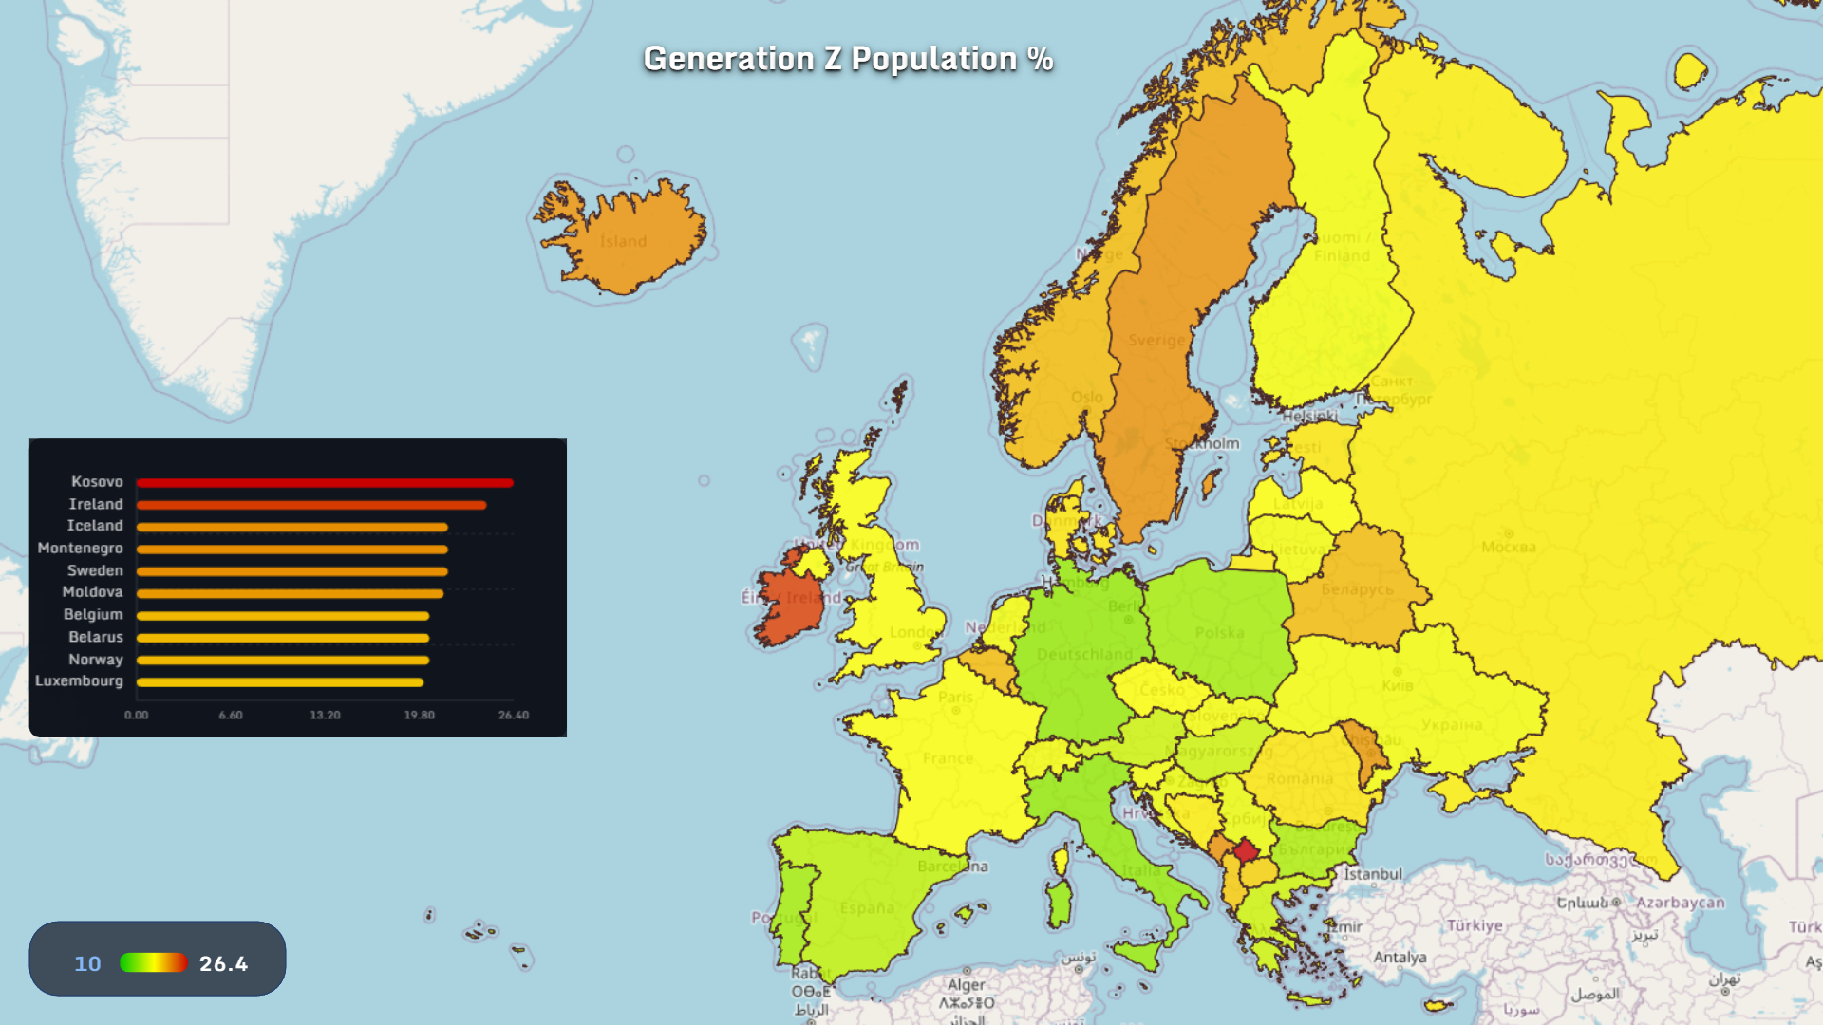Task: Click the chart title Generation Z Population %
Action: [848, 59]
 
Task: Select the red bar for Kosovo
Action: [324, 483]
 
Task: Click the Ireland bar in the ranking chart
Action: [310, 505]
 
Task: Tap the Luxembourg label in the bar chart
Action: [79, 681]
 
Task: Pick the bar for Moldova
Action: [290, 594]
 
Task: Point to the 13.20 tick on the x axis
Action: [325, 715]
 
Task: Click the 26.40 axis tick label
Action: [513, 715]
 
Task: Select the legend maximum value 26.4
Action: [223, 963]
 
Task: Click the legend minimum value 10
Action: [87, 963]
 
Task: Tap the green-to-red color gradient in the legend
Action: [153, 962]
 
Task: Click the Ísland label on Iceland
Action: [623, 241]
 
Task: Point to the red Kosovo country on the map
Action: [1246, 850]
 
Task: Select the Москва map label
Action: [1508, 547]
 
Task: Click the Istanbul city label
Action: [1372, 873]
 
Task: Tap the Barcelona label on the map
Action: [952, 866]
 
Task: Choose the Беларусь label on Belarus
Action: [1357, 589]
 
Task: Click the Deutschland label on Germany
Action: [1084, 654]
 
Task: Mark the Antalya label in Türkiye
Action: [1400, 957]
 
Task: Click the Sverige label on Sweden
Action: [1156, 340]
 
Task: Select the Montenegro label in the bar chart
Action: [80, 549]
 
